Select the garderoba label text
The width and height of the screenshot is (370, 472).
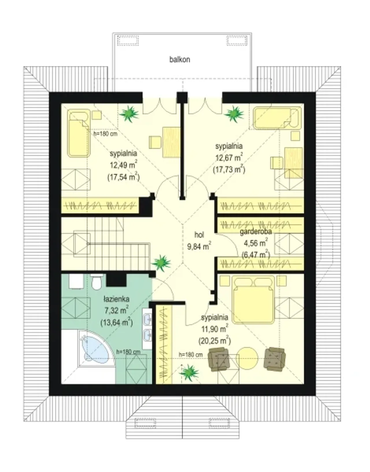[x=256, y=232]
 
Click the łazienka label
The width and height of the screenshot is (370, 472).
[x=116, y=299]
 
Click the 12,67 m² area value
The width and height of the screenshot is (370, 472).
[x=229, y=157]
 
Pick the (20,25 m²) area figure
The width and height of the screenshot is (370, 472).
[x=214, y=341]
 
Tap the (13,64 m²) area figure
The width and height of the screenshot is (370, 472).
[x=116, y=323]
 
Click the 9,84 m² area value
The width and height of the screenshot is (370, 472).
[x=199, y=246]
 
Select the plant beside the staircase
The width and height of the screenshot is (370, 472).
[x=161, y=263]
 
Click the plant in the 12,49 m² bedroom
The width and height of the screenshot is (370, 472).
[x=129, y=114]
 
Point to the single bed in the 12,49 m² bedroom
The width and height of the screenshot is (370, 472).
[x=79, y=133]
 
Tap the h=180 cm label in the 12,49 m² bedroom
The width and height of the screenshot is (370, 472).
[x=106, y=133]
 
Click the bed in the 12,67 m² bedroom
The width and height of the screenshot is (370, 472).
[x=278, y=118]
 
